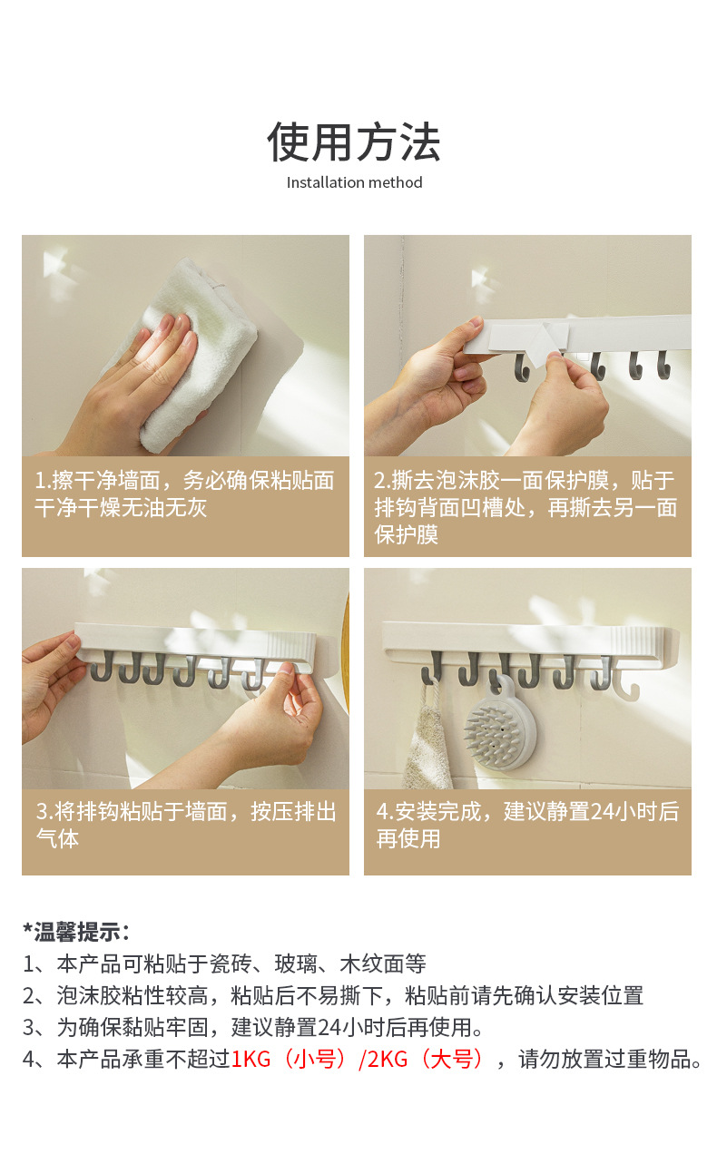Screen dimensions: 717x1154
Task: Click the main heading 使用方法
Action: point(354,142)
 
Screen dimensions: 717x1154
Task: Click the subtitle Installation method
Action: point(355,182)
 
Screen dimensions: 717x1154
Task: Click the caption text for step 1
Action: point(184,494)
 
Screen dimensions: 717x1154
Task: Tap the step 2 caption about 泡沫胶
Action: point(525,507)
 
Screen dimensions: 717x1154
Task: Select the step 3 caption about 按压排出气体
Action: point(185,825)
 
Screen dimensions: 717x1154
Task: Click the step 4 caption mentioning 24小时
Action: point(527,825)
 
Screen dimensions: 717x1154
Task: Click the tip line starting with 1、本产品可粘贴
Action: point(225,963)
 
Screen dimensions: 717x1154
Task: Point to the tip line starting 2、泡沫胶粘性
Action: point(333,995)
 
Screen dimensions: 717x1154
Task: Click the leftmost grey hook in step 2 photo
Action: point(522,367)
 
